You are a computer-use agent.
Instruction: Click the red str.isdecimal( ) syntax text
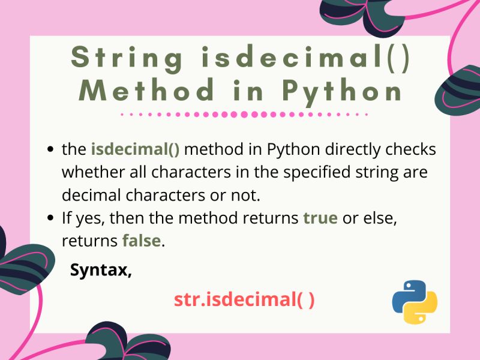pyautogui.click(x=244, y=299)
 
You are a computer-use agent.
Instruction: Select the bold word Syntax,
pyautogui.click(x=101, y=269)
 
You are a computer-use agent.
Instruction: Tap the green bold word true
pyautogui.click(x=320, y=218)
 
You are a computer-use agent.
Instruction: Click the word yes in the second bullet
pyautogui.click(x=84, y=218)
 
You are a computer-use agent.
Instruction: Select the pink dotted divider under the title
pyautogui.click(x=243, y=113)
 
